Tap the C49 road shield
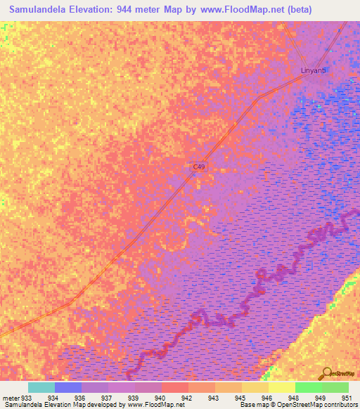click(x=200, y=167)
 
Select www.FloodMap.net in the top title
click(x=237, y=9)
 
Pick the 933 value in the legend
click(x=27, y=398)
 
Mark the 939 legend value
click(x=132, y=398)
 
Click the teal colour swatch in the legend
click(x=41, y=387)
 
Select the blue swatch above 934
click(x=67, y=387)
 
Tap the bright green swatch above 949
click(x=308, y=387)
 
